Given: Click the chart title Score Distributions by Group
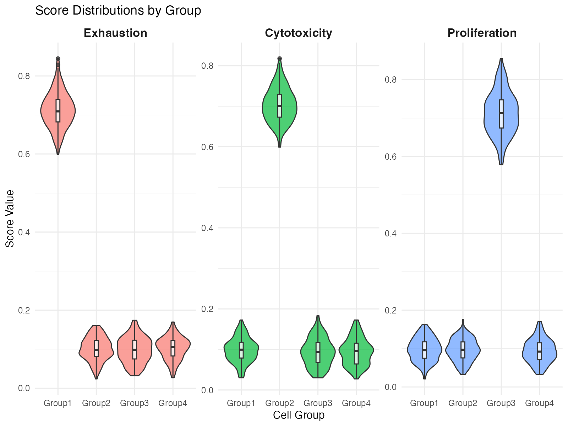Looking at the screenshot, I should coord(118,11).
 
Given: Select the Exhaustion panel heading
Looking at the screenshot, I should coord(115,33).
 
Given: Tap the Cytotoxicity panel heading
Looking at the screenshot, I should coord(299,33).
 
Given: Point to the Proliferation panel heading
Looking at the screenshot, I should coord(482,33).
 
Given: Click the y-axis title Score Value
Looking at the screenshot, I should coord(10,218).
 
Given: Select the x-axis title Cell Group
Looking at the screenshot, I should coord(299,415).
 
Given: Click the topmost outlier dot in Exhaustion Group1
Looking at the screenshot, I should coord(58,59).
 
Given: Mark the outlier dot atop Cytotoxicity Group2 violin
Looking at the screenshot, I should coord(280,59).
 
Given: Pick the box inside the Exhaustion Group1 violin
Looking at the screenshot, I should coord(58,110).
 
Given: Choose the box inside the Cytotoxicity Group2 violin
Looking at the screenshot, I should coord(280,105).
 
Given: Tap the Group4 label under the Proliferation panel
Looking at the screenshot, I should coord(539,403).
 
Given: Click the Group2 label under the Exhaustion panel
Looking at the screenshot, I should coord(96,403).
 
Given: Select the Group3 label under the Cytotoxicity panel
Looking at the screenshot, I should coord(318,403).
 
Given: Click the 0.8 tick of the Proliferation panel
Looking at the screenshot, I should coord(391,80).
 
